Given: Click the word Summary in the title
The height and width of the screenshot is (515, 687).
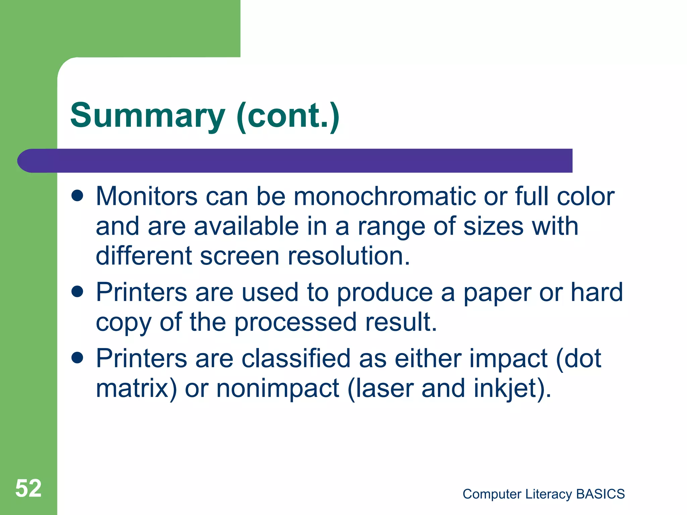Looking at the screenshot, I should (148, 116).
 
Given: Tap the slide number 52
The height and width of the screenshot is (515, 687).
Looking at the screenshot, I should (29, 488).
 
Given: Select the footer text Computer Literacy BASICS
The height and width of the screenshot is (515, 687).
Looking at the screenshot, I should (543, 494).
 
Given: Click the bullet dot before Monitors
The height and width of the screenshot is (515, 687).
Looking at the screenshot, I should (77, 196).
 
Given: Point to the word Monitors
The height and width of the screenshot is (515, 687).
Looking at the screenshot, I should (147, 196).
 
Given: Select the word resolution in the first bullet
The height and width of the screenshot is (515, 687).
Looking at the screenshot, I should (349, 256).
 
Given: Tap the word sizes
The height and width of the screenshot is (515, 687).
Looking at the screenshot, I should (493, 226).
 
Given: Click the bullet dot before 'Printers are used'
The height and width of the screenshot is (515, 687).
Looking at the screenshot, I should (77, 292).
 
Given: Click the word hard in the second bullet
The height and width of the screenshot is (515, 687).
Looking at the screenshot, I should (597, 292).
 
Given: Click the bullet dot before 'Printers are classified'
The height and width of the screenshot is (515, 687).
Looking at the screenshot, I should (77, 358).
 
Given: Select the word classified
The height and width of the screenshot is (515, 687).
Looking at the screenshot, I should (296, 358).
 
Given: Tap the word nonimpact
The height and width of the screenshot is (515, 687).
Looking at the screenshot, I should (278, 389).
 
